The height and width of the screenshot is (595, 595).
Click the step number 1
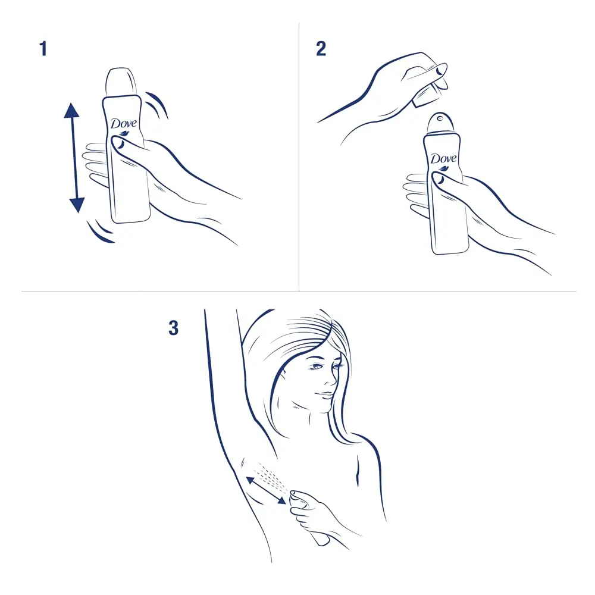[x=43, y=48]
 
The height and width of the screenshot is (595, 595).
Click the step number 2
[x=321, y=48]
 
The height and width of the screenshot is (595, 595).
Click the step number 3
[x=173, y=328]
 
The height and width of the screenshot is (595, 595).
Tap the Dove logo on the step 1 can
[x=124, y=124]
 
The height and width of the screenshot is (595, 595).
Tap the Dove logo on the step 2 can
[x=443, y=159]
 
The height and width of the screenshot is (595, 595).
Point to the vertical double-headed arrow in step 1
[x=73, y=158]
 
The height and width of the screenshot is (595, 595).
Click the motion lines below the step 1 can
[x=100, y=232]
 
